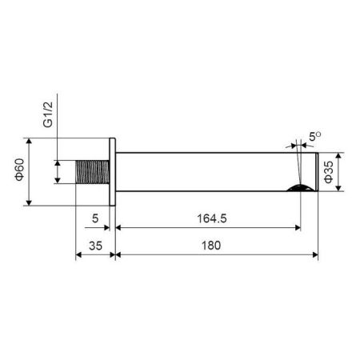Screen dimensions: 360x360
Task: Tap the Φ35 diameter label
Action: point(329,171)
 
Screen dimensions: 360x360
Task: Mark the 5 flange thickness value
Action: point(94,217)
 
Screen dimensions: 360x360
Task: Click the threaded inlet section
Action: point(93,172)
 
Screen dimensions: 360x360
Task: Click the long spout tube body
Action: point(208,172)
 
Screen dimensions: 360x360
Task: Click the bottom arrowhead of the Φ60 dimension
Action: point(30,203)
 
